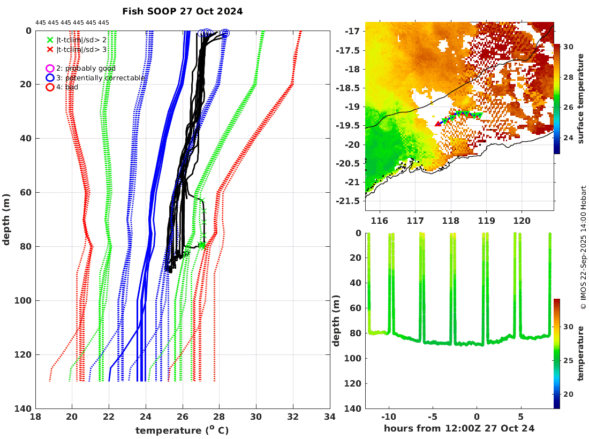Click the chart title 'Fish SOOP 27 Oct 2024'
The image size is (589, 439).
(x=182, y=11)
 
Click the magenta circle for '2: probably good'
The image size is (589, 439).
(x=50, y=69)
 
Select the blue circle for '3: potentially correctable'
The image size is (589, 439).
(x=50, y=78)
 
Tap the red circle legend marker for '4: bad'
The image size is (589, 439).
(x=50, y=87)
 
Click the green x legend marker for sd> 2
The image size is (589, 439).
(x=50, y=40)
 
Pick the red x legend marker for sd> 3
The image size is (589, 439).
(x=50, y=49)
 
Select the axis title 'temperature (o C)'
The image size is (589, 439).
(x=182, y=430)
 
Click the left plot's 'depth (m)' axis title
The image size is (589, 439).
(x=7, y=219)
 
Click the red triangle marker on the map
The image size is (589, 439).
(x=438, y=124)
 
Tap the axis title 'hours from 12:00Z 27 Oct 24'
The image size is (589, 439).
(x=459, y=428)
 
